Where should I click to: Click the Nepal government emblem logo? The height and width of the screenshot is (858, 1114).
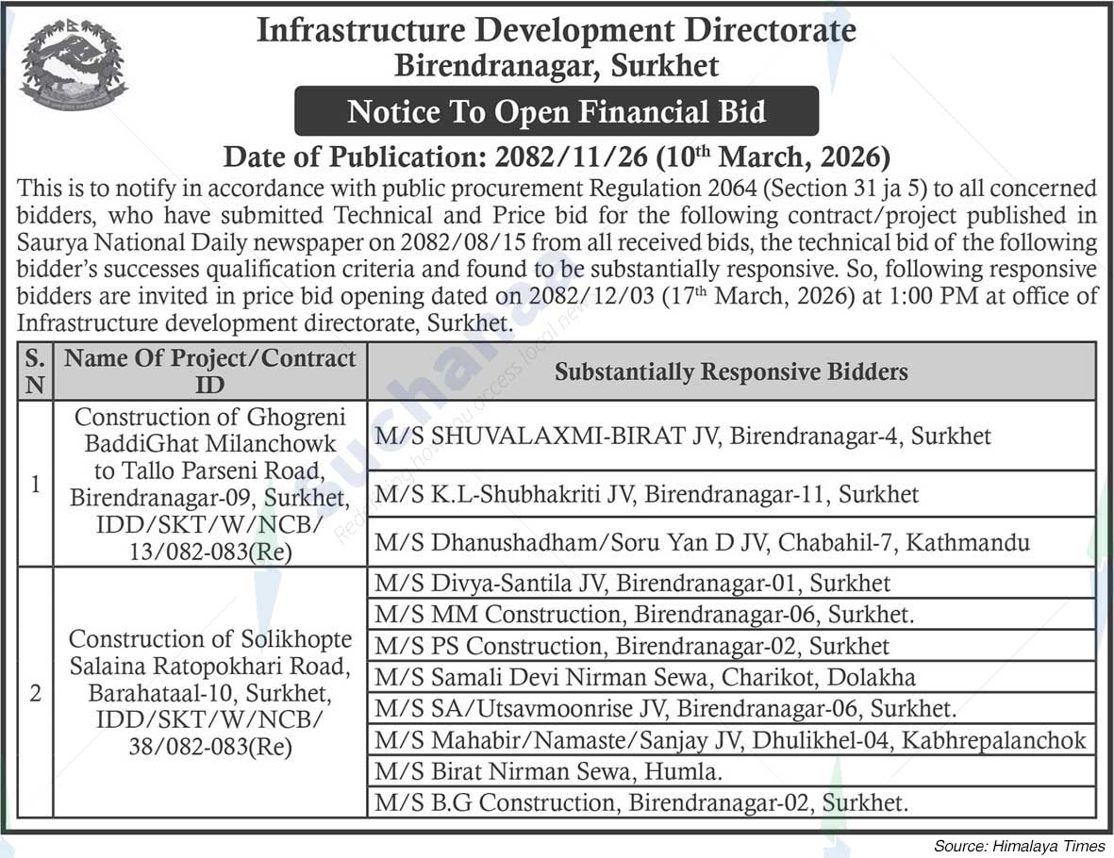tap(74, 64)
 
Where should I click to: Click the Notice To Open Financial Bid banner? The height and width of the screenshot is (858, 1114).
tap(557, 112)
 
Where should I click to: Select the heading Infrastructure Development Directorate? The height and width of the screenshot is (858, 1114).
tap(557, 30)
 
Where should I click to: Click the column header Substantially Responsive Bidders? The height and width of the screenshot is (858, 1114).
tap(731, 371)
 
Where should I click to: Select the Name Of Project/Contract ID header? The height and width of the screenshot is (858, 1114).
tap(209, 371)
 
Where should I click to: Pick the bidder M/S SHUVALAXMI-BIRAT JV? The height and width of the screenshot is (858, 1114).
tap(683, 436)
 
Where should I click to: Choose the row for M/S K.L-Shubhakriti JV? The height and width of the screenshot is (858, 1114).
tap(647, 493)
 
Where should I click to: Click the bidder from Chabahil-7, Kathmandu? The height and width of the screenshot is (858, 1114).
tap(702, 542)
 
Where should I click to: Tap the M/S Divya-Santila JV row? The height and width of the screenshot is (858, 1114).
tap(632, 584)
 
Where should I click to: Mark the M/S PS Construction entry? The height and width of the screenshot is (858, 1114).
tap(632, 646)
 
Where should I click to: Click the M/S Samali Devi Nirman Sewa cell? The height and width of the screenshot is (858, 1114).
tap(645, 677)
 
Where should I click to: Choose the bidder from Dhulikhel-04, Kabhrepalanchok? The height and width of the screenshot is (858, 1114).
tap(730, 740)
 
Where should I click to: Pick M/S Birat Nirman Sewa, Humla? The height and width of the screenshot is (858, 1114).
tap(549, 771)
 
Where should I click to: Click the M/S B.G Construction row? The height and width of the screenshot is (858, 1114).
tap(642, 803)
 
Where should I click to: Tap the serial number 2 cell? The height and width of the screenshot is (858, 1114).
tap(36, 693)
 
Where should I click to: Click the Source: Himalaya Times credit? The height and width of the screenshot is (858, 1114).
tap(1019, 846)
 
